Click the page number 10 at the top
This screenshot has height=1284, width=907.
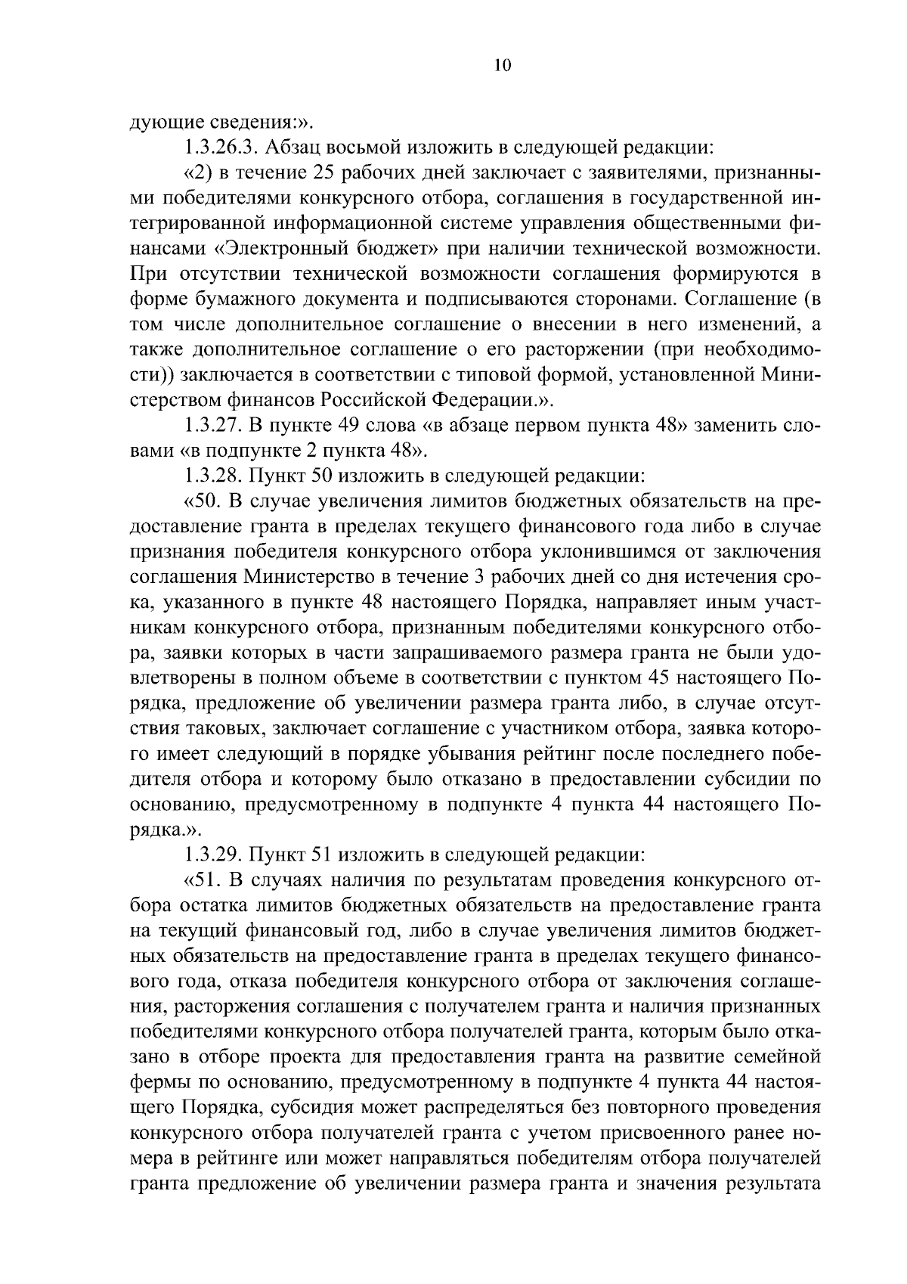[x=503, y=66]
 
